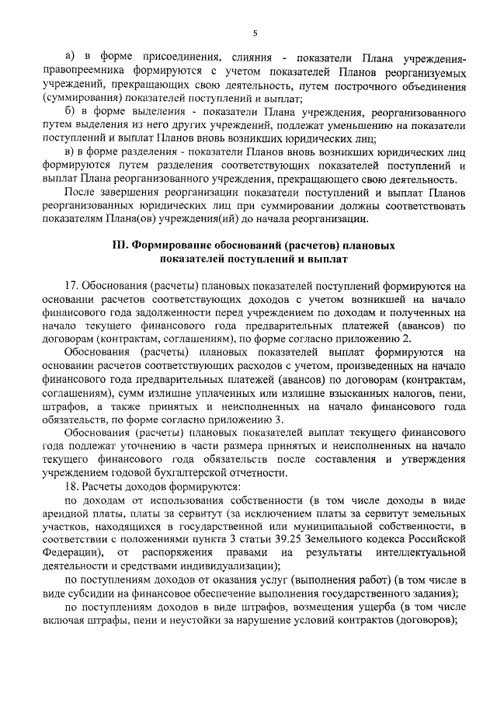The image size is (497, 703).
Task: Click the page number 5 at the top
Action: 254,32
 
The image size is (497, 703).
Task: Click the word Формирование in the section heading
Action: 169,245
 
